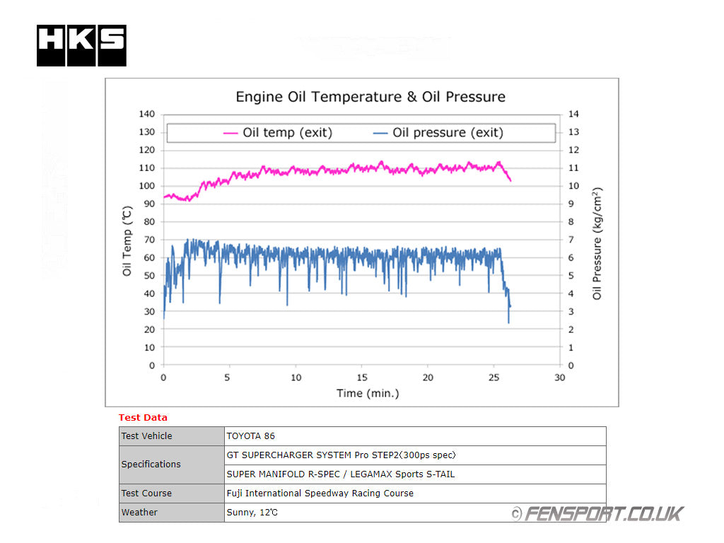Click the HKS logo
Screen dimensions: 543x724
[81, 45]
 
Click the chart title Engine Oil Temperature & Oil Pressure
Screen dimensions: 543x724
[370, 97]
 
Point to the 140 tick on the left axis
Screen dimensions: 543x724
[146, 114]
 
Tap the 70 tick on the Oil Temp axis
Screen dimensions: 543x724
[148, 240]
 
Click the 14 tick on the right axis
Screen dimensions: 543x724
[573, 114]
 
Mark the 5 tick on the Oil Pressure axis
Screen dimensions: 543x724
[571, 276]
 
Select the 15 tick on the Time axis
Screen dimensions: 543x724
[362, 378]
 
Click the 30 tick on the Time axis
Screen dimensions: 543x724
[560, 378]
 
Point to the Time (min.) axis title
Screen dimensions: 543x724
[368, 393]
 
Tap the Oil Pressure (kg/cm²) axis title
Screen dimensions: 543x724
[597, 244]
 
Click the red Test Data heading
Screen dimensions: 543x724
[143, 418]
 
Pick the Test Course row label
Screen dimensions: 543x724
[146, 494]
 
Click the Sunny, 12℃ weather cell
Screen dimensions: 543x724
[252, 513]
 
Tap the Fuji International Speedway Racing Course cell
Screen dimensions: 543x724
[320, 494]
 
